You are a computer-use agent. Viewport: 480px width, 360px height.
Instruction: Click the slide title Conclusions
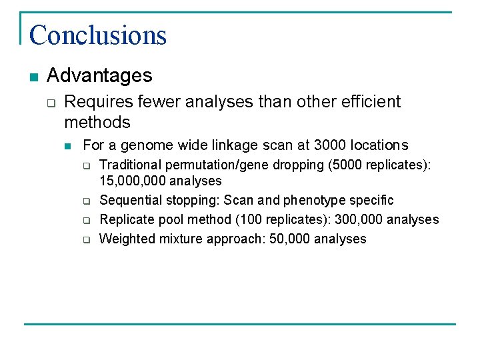(97, 35)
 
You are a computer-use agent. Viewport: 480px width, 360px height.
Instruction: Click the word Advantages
(100, 76)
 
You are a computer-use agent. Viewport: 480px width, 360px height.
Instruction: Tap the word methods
(97, 122)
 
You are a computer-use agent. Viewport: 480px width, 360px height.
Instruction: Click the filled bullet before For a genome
(68, 145)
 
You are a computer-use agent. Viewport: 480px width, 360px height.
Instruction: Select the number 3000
(333, 145)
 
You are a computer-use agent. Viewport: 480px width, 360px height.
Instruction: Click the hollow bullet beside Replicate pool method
(86, 220)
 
